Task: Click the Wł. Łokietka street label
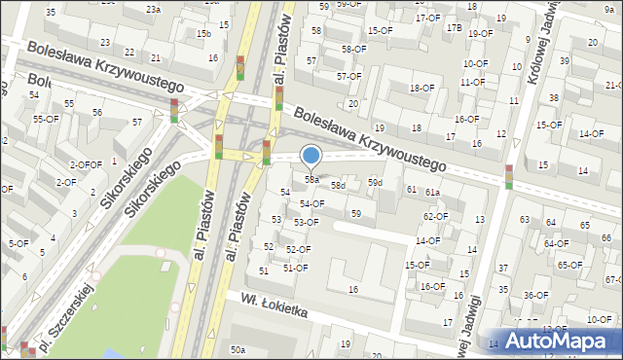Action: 268,305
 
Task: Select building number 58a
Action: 311,179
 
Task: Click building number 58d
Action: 338,185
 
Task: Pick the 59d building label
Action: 375,183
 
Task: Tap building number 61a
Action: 432,193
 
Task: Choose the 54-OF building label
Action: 311,203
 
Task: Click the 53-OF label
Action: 306,222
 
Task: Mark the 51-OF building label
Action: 295,268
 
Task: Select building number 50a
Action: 238,349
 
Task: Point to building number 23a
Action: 153,9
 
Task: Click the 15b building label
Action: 203,34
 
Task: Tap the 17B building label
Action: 454,27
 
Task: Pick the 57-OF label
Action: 349,76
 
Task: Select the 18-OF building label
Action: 421,88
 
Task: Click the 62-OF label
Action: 435,216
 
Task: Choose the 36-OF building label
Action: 535,295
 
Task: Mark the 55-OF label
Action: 46,119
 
